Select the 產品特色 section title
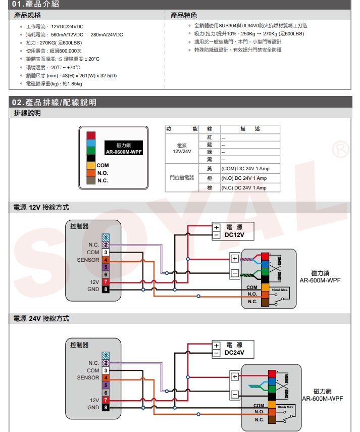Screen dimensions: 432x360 (184, 16)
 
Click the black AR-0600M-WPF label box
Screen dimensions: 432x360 (124, 149)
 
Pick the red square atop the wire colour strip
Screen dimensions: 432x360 (91, 135)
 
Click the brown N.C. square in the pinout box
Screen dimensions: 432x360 (91, 180)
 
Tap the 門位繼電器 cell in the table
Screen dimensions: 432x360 (182, 178)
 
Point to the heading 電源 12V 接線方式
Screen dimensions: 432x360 (41, 208)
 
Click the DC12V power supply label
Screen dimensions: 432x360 (234, 235)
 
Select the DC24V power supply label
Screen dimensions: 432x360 (234, 353)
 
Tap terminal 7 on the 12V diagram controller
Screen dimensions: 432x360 (106, 281)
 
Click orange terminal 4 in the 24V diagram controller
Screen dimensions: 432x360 (106, 377)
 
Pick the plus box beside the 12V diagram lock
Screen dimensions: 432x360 (234, 258)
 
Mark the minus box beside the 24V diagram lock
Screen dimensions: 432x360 (234, 395)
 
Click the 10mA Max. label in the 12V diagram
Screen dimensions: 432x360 (279, 290)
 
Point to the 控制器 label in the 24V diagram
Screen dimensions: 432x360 (80, 345)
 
